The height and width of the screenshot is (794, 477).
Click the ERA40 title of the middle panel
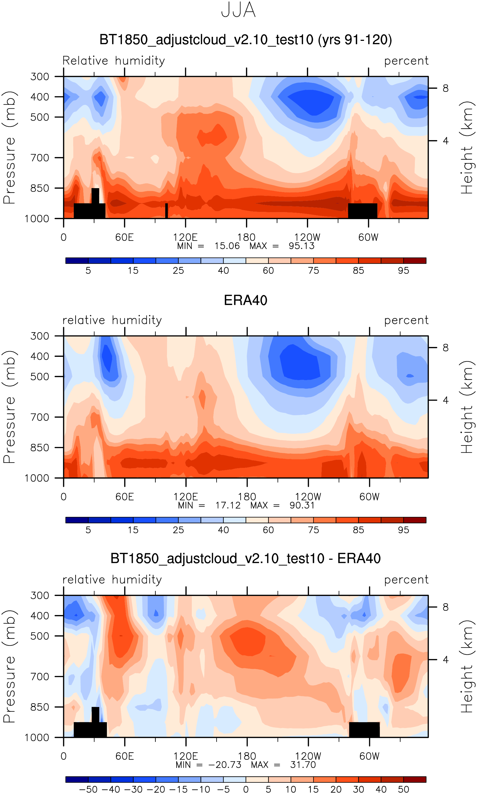click(x=246, y=300)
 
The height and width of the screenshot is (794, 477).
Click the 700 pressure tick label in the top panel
click(x=40, y=158)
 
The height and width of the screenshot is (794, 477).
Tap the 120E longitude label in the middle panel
click(x=186, y=497)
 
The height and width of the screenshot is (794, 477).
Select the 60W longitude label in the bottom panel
click(x=369, y=756)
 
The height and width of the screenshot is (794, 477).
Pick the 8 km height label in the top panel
click(x=446, y=88)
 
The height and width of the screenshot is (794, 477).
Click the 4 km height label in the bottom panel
click(x=446, y=660)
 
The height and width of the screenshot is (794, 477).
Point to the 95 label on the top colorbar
click(x=403, y=271)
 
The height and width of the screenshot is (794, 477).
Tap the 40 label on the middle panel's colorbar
click(x=223, y=530)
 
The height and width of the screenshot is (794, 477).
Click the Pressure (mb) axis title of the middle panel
click(x=9, y=407)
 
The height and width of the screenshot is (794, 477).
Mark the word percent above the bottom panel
click(x=406, y=580)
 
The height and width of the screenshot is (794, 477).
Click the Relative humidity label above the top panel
click(x=113, y=61)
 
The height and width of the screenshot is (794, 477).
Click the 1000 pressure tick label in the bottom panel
click(x=37, y=737)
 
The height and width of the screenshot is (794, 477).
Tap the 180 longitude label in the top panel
click(x=246, y=238)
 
